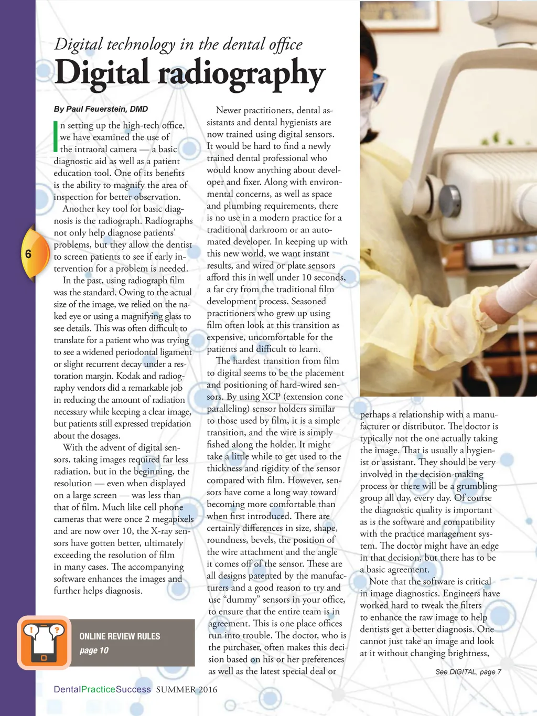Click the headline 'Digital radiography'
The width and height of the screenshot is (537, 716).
click(190, 73)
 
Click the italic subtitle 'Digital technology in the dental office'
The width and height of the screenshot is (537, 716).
click(178, 45)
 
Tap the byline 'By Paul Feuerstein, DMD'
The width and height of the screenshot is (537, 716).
click(101, 109)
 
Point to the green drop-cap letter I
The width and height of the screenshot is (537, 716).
click(56, 136)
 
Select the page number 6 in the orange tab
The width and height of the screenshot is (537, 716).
click(28, 254)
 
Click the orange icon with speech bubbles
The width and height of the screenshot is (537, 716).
click(44, 642)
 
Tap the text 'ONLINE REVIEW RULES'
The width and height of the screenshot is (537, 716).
click(120, 636)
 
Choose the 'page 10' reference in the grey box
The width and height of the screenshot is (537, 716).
click(94, 650)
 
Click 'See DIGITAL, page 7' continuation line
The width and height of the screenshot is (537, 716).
click(468, 671)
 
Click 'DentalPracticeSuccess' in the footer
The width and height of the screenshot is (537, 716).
click(102, 689)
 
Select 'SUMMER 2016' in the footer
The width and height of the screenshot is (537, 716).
click(186, 689)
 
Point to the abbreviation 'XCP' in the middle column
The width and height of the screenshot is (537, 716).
click(271, 397)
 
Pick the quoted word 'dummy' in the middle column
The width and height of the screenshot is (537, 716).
click(243, 600)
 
